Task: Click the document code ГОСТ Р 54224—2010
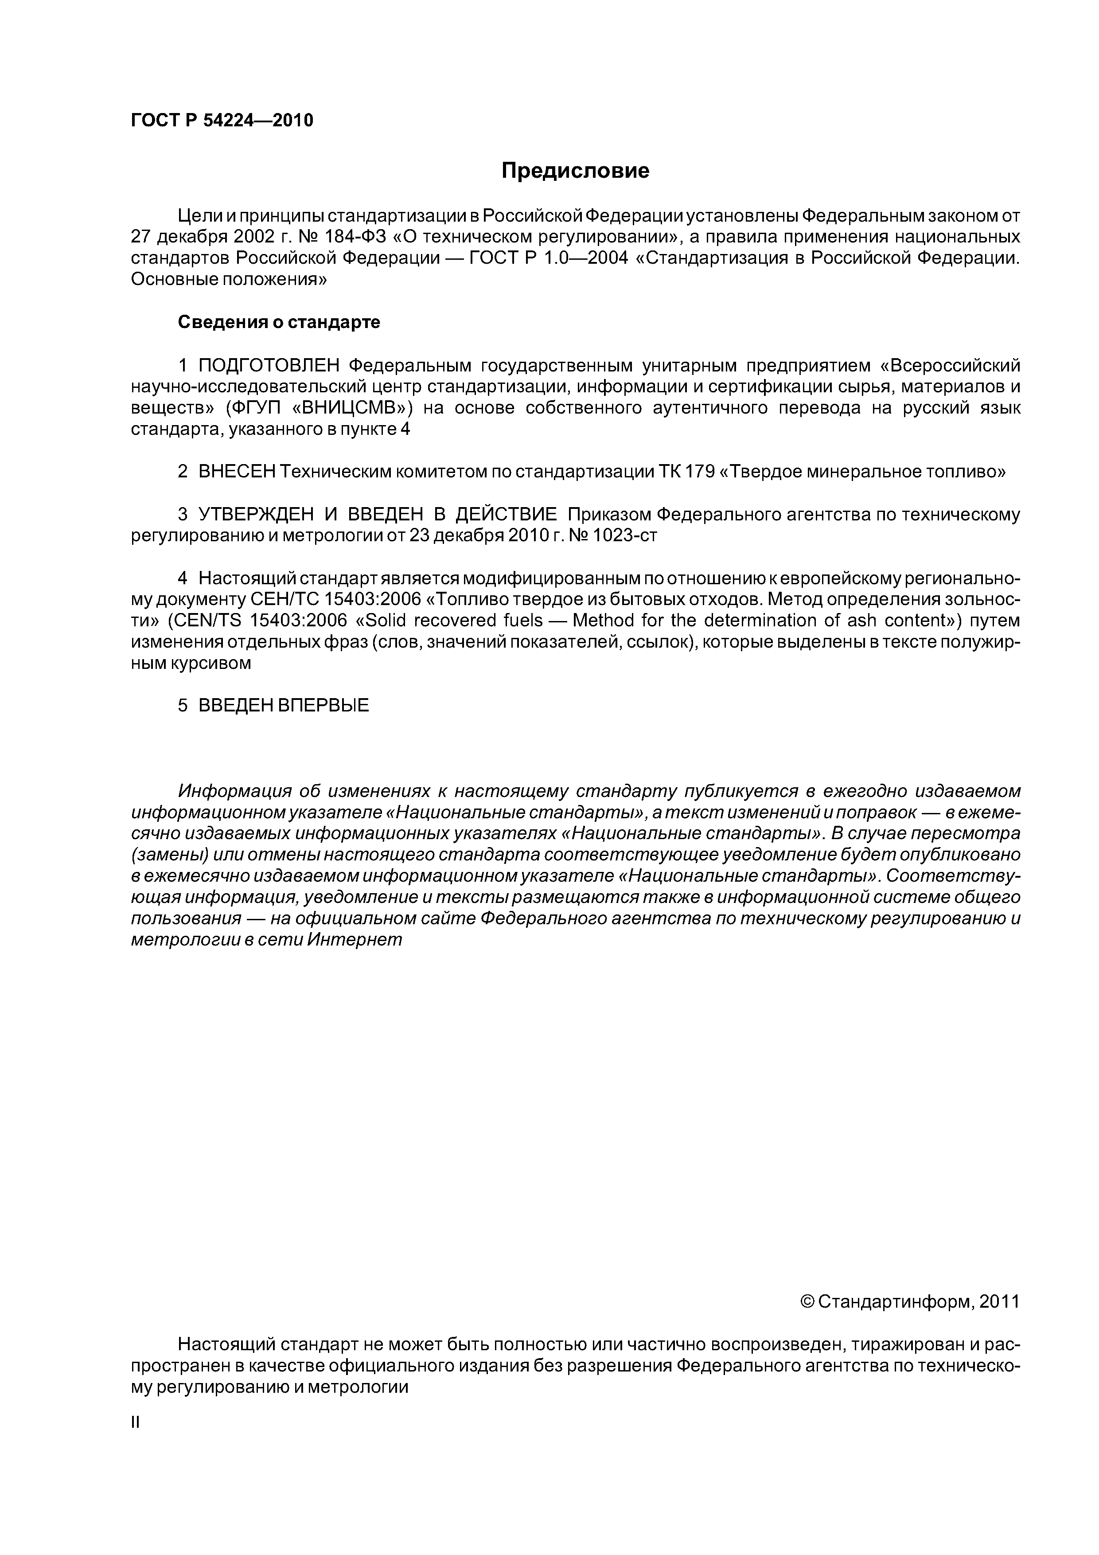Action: coord(222,121)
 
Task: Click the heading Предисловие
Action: coord(575,171)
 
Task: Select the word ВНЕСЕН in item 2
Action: coord(237,472)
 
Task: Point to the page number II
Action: coord(135,1422)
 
